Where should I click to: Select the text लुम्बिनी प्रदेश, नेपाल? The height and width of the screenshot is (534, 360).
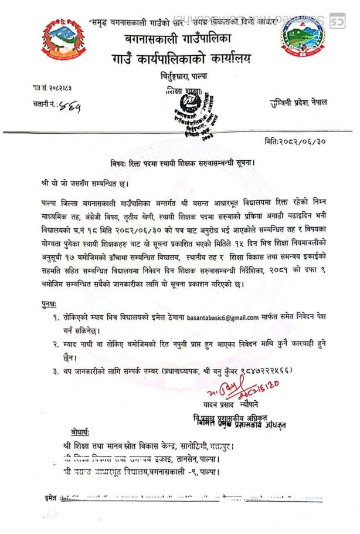point(298,103)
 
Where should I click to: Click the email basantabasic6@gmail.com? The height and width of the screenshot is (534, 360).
point(223,317)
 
